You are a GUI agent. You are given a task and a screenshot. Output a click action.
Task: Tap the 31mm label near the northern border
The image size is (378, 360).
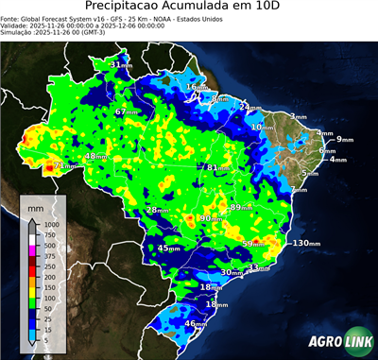[121, 64]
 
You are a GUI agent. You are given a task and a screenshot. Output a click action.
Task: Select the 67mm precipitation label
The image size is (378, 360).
[126, 112]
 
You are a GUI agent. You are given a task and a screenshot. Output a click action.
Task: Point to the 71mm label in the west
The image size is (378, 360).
[63, 165]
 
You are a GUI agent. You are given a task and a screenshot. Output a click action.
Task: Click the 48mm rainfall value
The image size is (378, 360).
[95, 156]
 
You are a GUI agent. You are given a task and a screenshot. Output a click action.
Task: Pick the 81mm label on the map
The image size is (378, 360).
[218, 168]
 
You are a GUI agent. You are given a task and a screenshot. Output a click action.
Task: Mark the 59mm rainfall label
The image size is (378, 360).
[254, 244]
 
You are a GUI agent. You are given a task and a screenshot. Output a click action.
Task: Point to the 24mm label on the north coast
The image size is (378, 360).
[247, 107]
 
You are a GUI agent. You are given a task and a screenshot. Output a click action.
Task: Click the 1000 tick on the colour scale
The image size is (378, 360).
[50, 224]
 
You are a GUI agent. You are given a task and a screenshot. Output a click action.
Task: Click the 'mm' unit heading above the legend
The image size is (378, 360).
[37, 205]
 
